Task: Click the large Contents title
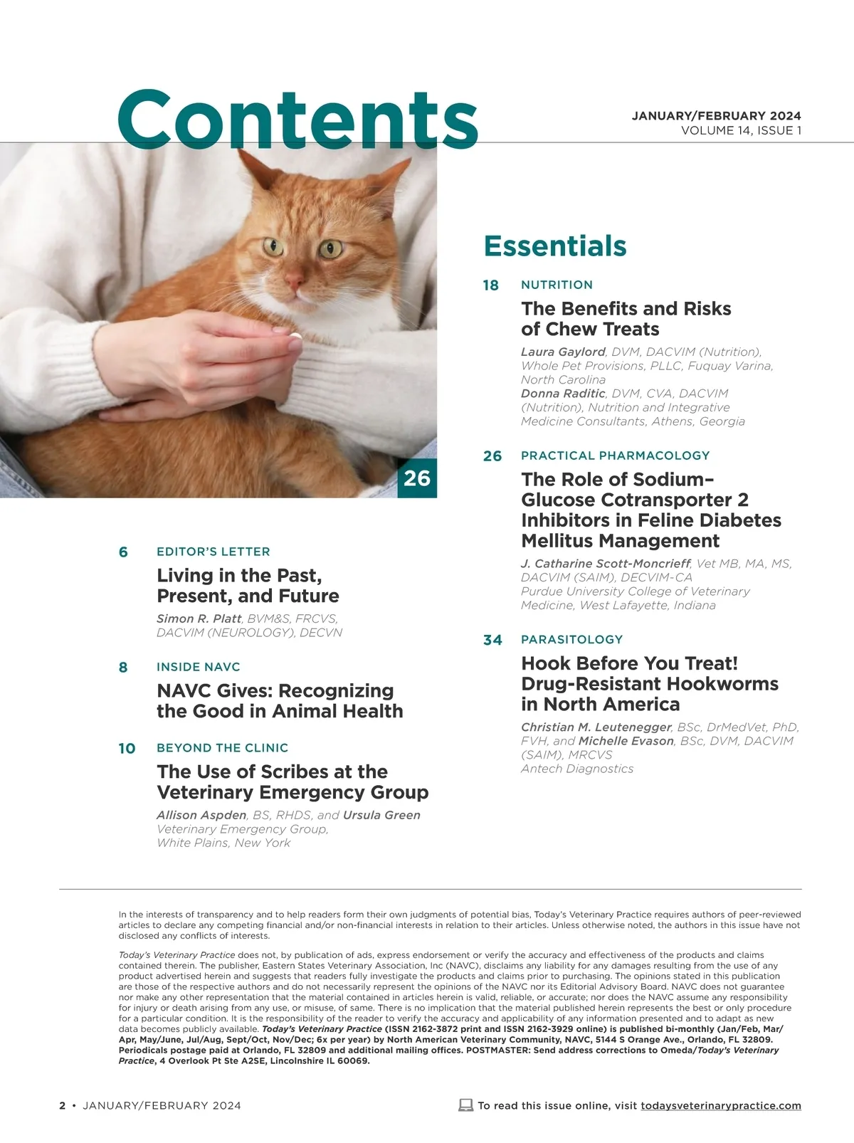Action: [297, 119]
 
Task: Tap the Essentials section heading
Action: [555, 246]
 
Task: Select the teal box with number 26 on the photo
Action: [417, 478]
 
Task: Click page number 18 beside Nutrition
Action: [491, 285]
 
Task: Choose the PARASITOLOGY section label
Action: [571, 639]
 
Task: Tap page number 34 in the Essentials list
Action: [492, 640]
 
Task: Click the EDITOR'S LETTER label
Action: [213, 552]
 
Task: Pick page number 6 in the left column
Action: [123, 552]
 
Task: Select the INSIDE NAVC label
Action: [199, 667]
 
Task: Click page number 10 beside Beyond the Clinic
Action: [127, 749]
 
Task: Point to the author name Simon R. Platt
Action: [199, 618]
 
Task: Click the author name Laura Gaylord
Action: [563, 352]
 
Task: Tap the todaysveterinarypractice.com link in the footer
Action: [720, 1105]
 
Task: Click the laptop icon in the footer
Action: [466, 1105]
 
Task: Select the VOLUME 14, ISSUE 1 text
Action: [741, 130]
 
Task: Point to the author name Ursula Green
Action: [381, 815]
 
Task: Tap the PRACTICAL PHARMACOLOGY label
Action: [615, 455]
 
